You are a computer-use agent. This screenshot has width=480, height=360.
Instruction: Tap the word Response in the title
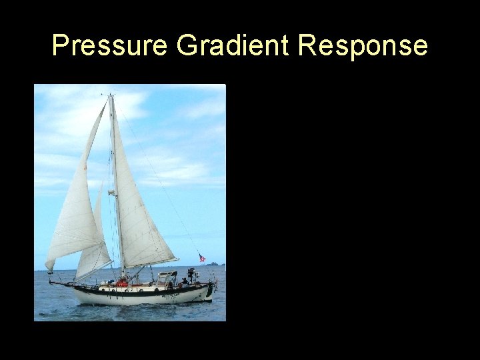click(363, 45)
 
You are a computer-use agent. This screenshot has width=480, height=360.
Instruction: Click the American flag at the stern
click(202, 258)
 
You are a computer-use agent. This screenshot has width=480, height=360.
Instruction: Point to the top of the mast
click(111, 96)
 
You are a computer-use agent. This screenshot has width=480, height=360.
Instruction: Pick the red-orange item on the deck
click(121, 283)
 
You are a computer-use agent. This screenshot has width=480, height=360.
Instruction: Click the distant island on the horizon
click(213, 264)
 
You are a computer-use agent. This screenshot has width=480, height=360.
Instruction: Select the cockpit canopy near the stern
click(167, 274)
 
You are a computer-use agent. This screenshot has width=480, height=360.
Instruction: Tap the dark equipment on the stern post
click(191, 272)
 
